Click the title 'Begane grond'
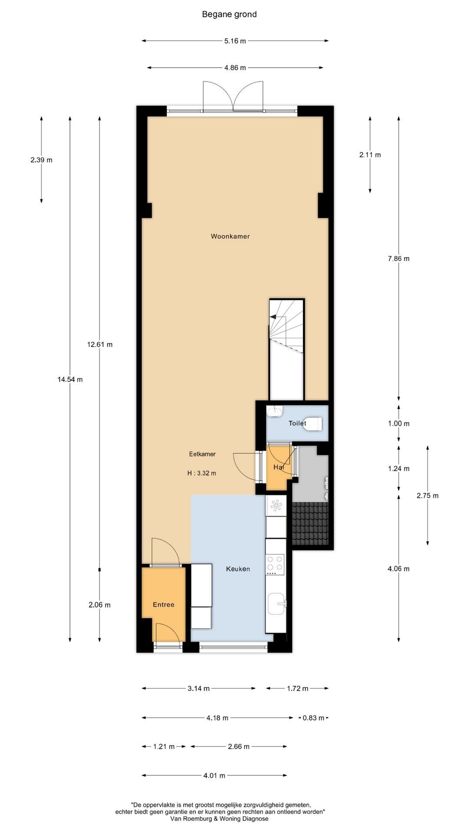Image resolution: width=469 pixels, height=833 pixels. (x=229, y=14)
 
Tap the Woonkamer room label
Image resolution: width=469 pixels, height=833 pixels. (x=230, y=236)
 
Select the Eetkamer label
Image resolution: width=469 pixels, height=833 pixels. (x=202, y=454)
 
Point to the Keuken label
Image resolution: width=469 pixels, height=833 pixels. (x=238, y=569)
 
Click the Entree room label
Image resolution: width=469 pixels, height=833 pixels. (x=163, y=604)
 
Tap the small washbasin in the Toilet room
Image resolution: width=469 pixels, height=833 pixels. (x=274, y=410)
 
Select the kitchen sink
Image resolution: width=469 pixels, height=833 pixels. (x=277, y=603)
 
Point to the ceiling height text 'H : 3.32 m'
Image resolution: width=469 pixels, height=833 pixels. (x=201, y=473)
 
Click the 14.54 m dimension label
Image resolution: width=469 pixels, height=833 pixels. (x=70, y=379)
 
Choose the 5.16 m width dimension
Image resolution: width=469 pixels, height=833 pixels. (x=235, y=41)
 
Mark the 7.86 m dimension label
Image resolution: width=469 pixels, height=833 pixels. (x=399, y=259)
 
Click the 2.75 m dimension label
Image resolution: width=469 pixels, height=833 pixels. (x=428, y=495)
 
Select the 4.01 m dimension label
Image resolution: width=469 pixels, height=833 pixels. (x=214, y=775)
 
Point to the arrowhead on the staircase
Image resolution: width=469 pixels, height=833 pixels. (x=273, y=317)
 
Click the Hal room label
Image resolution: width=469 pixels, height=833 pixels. (x=278, y=467)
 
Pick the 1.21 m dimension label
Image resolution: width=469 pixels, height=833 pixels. (x=164, y=746)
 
